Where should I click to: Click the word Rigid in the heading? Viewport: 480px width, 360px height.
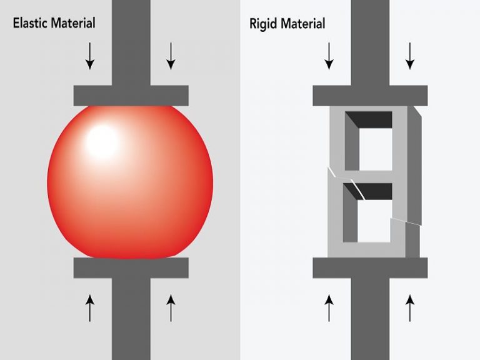(x=263, y=24)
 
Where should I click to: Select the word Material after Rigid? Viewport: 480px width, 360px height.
(x=303, y=24)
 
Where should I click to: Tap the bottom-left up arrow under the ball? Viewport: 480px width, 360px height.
(x=91, y=307)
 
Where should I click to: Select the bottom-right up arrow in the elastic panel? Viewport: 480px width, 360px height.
(x=171, y=307)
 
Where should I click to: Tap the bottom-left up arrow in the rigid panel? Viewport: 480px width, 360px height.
(x=329, y=307)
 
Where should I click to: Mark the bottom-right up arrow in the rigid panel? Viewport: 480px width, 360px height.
(x=410, y=307)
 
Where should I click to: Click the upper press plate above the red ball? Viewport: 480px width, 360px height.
(x=131, y=95)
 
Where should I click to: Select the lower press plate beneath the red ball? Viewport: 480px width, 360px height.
(x=131, y=267)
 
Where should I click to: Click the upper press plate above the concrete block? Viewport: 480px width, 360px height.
(x=370, y=95)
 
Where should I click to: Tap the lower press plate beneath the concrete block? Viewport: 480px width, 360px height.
(x=370, y=267)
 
